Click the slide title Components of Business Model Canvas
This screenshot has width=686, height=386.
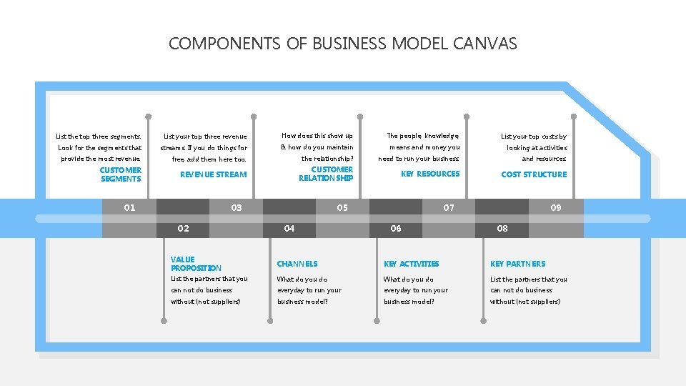(x=342, y=44)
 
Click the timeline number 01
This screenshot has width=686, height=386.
(x=129, y=208)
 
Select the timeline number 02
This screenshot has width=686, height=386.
(x=183, y=229)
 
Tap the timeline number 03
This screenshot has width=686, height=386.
(x=237, y=208)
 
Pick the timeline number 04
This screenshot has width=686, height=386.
(x=289, y=229)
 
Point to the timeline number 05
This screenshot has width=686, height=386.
(x=342, y=208)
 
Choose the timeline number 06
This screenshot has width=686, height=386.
(x=396, y=229)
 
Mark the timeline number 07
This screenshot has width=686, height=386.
(x=449, y=208)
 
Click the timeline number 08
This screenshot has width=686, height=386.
(x=502, y=229)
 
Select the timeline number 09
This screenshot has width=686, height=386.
(x=556, y=208)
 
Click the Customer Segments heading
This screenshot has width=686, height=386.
(x=121, y=174)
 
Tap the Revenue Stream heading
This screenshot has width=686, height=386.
(x=213, y=174)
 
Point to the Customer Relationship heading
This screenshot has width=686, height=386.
(x=326, y=174)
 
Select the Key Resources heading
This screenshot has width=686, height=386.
(x=430, y=174)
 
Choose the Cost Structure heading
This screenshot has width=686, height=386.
(x=534, y=174)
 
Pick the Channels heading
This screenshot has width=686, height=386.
(x=297, y=264)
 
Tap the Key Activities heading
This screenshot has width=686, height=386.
(x=411, y=264)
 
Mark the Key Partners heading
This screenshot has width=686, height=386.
(x=517, y=264)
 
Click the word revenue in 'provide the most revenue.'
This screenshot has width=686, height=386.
(x=127, y=159)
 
